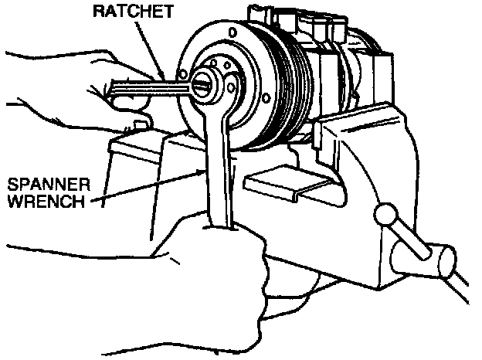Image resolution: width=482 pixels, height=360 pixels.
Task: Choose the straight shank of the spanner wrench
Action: coord(216,170)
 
